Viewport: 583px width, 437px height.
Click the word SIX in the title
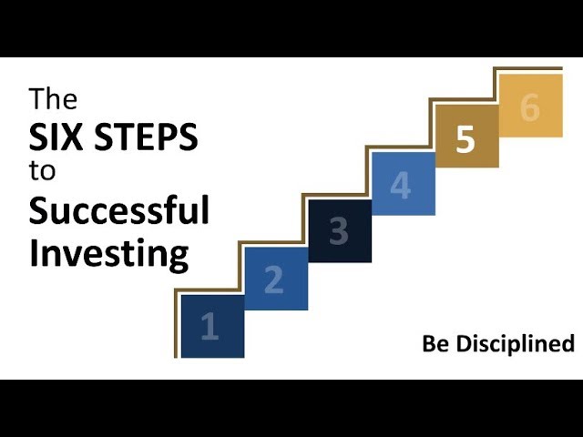(56, 137)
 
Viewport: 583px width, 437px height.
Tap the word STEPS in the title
(146, 137)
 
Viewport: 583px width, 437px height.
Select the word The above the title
(53, 98)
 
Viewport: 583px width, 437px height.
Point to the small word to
(42, 171)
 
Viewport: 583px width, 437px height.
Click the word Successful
(119, 209)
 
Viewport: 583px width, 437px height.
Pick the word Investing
(109, 253)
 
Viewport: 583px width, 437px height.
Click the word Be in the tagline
(435, 343)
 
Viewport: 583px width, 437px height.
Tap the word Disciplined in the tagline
(516, 345)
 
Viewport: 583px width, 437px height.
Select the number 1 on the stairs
(210, 326)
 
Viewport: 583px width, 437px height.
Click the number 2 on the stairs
(274, 279)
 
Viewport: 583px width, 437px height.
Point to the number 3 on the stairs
(339, 231)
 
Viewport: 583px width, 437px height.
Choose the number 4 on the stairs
(401, 185)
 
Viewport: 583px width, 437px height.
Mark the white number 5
(465, 138)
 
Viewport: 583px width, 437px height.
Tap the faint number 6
(530, 107)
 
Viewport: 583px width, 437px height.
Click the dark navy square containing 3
(340, 231)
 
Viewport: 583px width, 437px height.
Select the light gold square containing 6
(530, 106)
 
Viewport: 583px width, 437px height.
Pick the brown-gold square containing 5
(467, 136)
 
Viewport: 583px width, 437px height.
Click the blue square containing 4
(404, 184)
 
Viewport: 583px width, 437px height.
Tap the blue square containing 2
(276, 279)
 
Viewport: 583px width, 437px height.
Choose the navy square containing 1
(212, 327)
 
